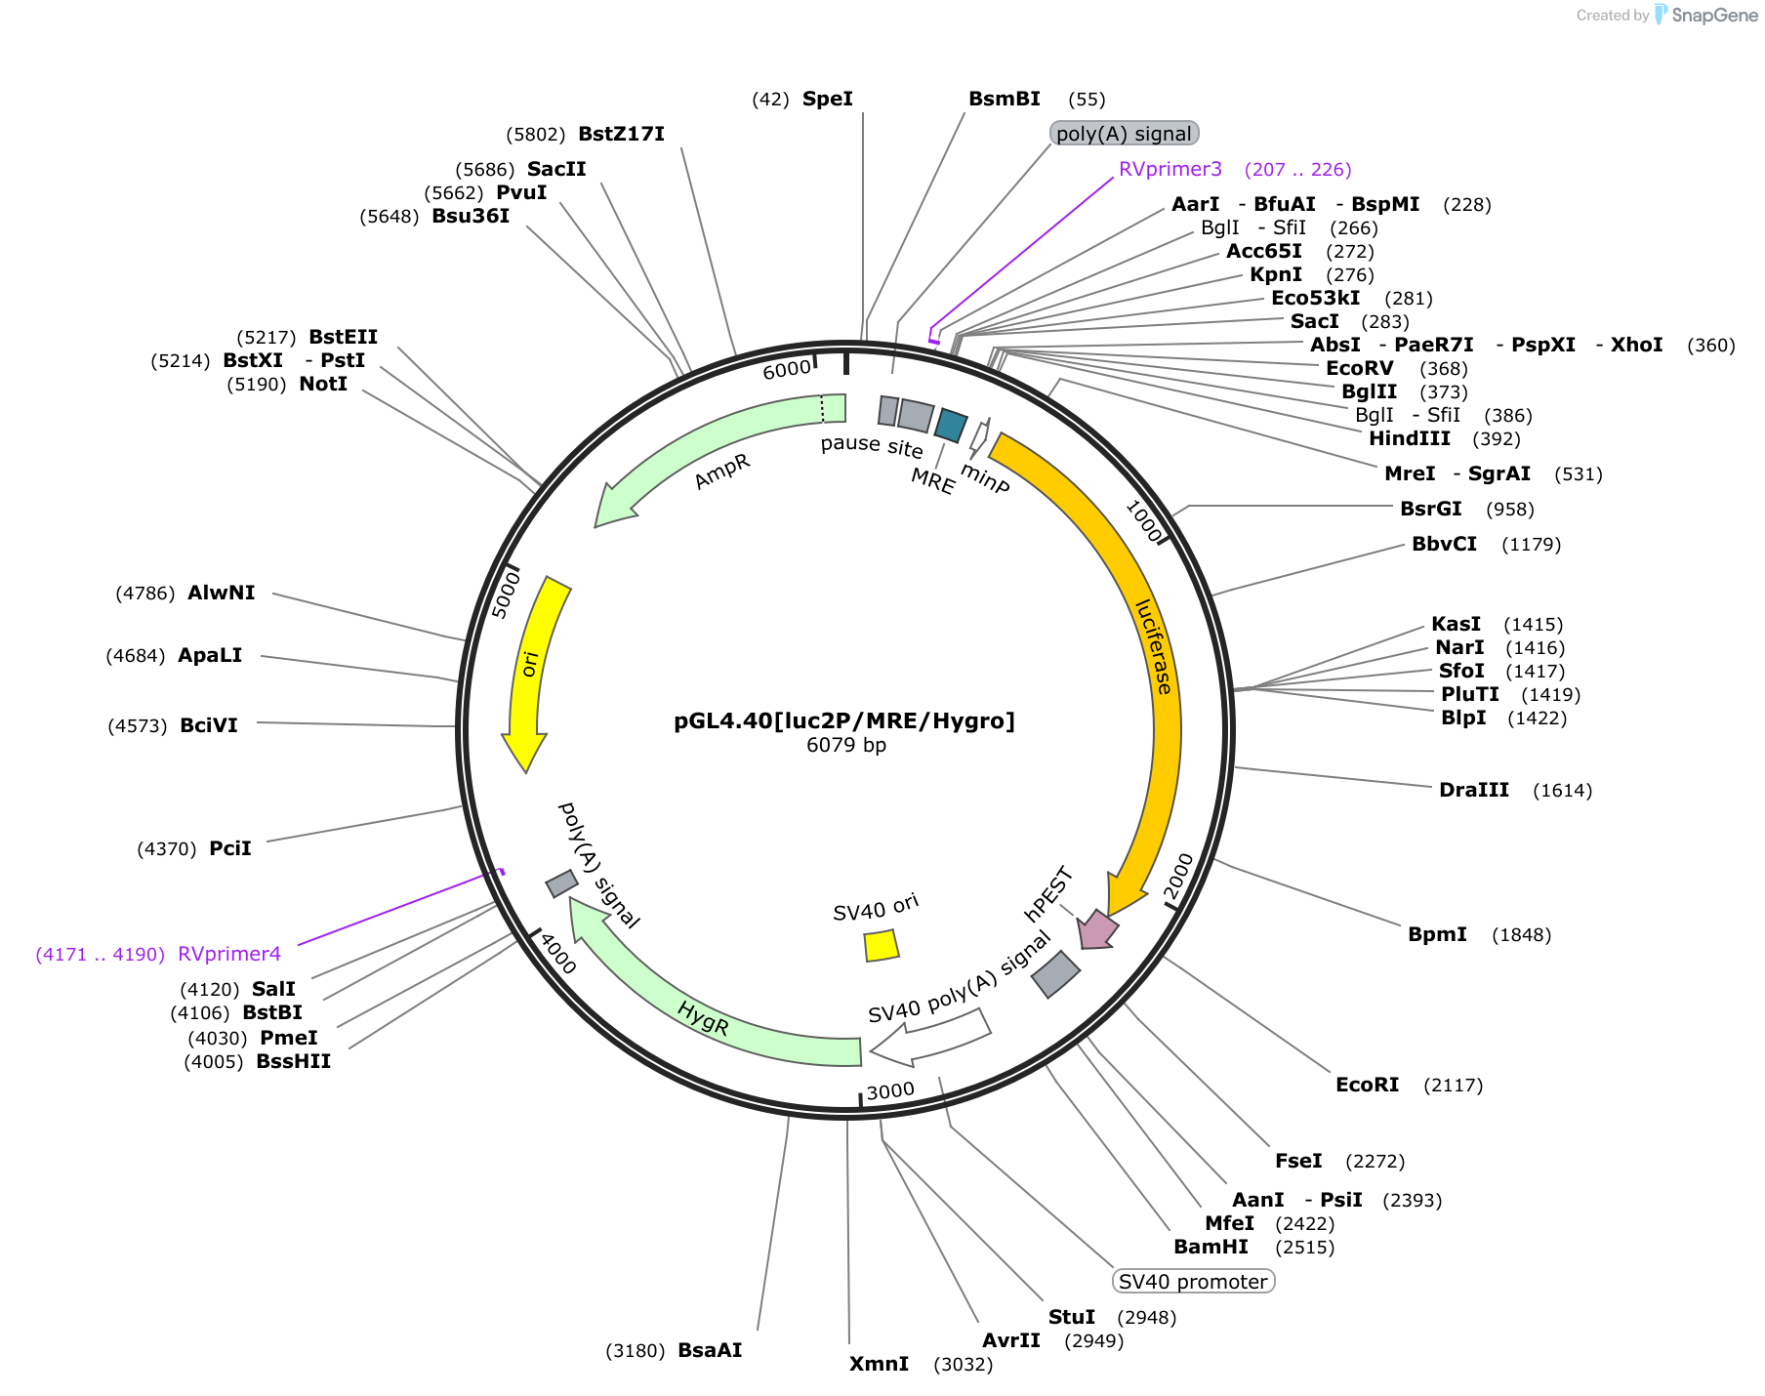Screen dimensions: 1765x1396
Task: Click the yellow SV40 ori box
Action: (882, 945)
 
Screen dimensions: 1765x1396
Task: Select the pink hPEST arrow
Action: (1097, 929)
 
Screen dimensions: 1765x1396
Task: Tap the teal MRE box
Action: (951, 426)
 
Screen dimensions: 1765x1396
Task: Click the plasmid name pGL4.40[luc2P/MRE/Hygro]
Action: (844, 720)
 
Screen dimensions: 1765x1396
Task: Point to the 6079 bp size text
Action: (846, 745)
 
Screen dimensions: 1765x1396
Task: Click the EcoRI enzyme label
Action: (1367, 1085)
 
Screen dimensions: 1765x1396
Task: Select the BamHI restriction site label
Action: (1211, 1247)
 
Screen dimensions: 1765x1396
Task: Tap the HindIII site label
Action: (1410, 438)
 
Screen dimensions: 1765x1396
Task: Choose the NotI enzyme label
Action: (323, 384)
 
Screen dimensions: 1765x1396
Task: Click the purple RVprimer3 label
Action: (1170, 169)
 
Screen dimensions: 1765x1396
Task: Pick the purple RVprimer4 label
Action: (229, 954)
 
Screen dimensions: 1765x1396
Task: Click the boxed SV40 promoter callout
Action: (1193, 1281)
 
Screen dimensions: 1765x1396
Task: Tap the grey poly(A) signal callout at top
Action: (1124, 133)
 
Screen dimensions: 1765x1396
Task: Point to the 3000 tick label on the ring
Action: (890, 1090)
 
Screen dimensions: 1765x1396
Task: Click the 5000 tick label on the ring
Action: (506, 595)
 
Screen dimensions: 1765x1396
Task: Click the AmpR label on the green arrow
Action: (722, 472)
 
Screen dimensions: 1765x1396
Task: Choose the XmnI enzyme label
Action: (879, 1364)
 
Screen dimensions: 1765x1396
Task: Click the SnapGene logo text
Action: (1714, 15)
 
